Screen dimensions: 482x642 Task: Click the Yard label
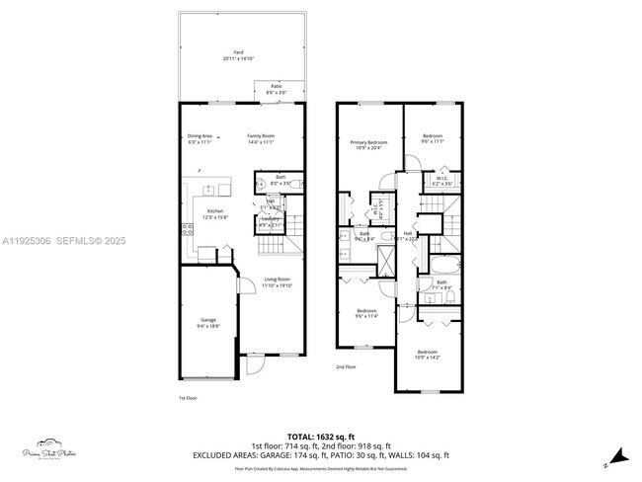click(238, 54)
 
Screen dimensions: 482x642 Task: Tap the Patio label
click(276, 89)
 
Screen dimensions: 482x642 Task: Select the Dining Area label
click(201, 138)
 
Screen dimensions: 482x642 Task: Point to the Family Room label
click(260, 138)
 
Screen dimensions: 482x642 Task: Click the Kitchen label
click(214, 214)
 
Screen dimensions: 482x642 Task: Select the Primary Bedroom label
click(368, 145)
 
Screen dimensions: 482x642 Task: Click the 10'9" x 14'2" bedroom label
click(428, 354)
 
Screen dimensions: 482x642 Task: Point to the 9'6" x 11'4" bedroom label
click(367, 314)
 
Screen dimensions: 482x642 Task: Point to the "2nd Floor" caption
click(346, 366)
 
